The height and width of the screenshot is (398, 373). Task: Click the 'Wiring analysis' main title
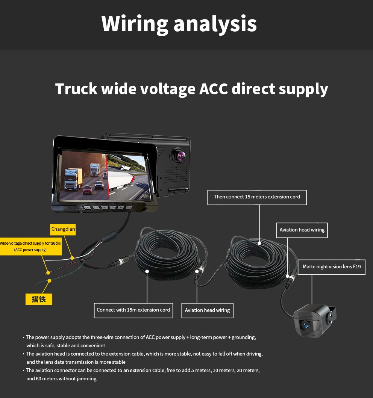tap(179, 24)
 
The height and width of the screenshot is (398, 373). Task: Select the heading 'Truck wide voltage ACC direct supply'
tap(191, 89)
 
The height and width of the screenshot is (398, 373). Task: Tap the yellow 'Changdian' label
tap(63, 229)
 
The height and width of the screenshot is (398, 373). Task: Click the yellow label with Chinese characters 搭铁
tap(39, 299)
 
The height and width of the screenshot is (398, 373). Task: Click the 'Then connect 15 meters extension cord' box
tap(257, 197)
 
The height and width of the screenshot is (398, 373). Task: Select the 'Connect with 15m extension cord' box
tap(133, 310)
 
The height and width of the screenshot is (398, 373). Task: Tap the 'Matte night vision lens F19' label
tap(331, 267)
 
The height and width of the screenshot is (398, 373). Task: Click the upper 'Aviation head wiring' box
tap(302, 230)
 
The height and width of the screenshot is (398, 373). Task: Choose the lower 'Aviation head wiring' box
tap(207, 310)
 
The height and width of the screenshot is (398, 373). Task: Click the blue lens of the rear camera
tap(305, 325)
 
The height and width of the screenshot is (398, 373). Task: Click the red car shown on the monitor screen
tap(87, 190)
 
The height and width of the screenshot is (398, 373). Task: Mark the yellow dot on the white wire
tap(72, 258)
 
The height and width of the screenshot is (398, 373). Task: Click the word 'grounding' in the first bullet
tap(243, 337)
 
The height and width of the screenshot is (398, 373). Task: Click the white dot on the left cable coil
tap(147, 271)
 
